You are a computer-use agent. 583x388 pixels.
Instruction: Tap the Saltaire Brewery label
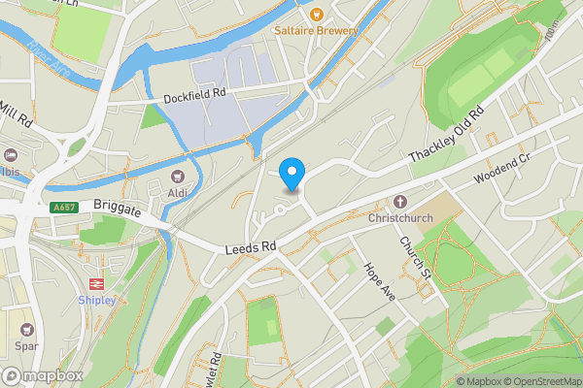click(x=316, y=31)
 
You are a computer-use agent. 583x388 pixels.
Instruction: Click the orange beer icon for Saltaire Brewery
click(x=316, y=14)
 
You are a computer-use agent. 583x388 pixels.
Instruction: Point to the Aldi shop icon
click(x=177, y=176)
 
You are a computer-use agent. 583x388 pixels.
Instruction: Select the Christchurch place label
click(x=398, y=220)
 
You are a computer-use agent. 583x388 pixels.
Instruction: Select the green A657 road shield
click(x=63, y=207)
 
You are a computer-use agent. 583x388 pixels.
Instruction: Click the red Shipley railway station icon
click(x=96, y=283)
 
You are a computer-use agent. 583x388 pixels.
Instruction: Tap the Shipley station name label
click(x=96, y=301)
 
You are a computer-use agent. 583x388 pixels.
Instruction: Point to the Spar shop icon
click(x=26, y=330)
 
